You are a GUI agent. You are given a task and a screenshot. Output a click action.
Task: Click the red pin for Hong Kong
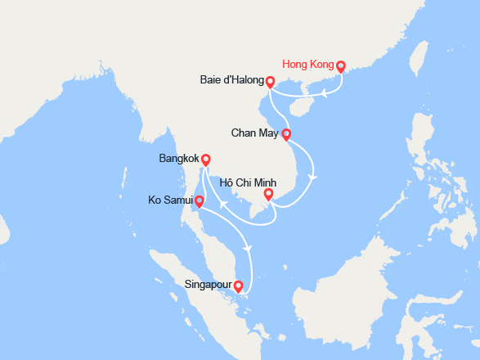point(341,67)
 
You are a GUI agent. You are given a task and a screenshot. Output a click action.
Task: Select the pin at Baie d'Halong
point(270,82)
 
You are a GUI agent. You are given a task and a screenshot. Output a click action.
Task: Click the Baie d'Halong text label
point(231,81)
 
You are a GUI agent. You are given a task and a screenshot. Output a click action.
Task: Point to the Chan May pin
point(285,134)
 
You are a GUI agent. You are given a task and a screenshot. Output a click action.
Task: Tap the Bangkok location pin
point(206,160)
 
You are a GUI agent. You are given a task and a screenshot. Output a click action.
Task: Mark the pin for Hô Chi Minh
point(267,195)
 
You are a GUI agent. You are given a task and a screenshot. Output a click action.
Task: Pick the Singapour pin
point(238,287)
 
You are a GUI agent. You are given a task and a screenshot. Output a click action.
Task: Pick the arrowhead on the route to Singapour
point(248,249)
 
